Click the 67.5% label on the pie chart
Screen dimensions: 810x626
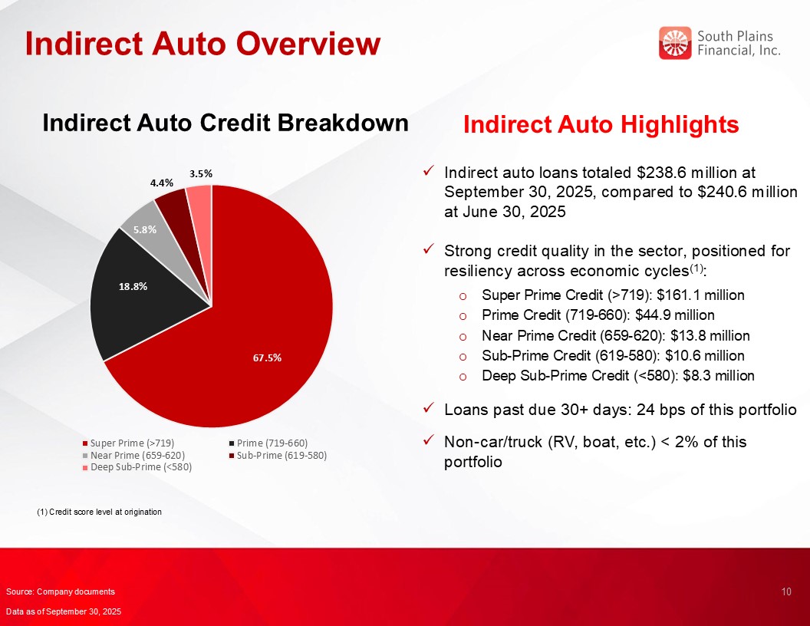pyautogui.click(x=267, y=358)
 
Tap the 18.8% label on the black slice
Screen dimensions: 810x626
pyautogui.click(x=133, y=286)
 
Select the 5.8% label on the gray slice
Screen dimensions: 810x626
pyautogui.click(x=145, y=229)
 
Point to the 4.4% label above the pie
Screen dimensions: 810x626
pyautogui.click(x=162, y=183)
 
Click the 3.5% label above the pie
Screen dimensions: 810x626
pyautogui.click(x=201, y=173)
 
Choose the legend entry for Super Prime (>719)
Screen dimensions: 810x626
pyautogui.click(x=128, y=443)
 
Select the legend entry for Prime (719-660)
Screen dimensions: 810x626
pyautogui.click(x=268, y=443)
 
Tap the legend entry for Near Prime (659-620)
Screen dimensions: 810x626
pyautogui.click(x=133, y=455)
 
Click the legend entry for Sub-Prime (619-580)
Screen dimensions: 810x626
pyautogui.click(x=278, y=455)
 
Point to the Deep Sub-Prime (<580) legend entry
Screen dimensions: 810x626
pyautogui.click(x=137, y=467)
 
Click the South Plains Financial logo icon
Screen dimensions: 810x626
pyautogui.click(x=675, y=43)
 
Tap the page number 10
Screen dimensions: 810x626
pyautogui.click(x=786, y=592)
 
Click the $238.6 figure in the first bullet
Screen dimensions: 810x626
pyautogui.click(x=661, y=173)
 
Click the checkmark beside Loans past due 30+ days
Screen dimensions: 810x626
pyautogui.click(x=428, y=409)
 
